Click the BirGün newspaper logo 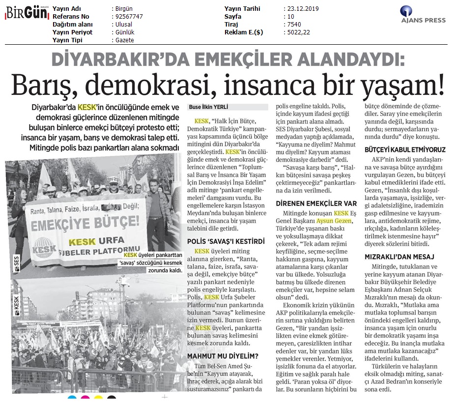(x=24, y=14)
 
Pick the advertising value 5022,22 (x=299, y=32)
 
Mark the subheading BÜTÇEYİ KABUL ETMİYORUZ (x=405, y=149)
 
